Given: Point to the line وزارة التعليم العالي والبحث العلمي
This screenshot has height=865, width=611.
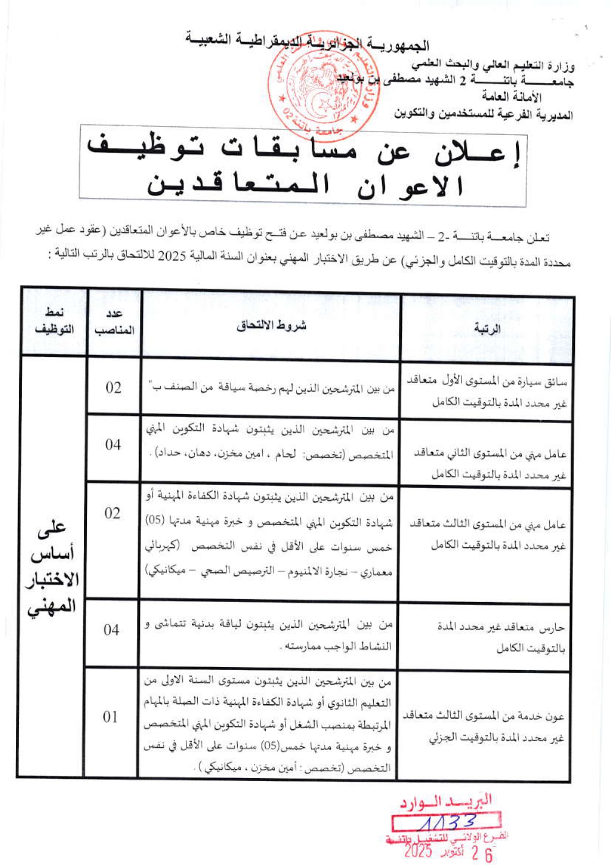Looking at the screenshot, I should (x=493, y=65).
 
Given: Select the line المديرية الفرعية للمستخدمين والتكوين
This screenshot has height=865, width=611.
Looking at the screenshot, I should (x=483, y=115).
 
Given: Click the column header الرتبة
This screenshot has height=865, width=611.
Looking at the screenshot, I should (x=487, y=328).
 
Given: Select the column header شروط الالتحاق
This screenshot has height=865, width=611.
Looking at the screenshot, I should (x=271, y=326).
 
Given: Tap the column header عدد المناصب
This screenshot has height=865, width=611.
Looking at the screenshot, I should (x=114, y=323).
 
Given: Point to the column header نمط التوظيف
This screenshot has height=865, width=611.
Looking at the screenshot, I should (x=54, y=321).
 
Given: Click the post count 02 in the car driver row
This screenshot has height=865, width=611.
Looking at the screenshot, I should (x=113, y=388).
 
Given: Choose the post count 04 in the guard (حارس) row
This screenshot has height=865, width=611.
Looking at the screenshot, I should (x=111, y=630).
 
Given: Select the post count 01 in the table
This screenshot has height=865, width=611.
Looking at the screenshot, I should (x=110, y=717).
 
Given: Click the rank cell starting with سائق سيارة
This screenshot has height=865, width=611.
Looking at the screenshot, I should (x=486, y=392).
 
